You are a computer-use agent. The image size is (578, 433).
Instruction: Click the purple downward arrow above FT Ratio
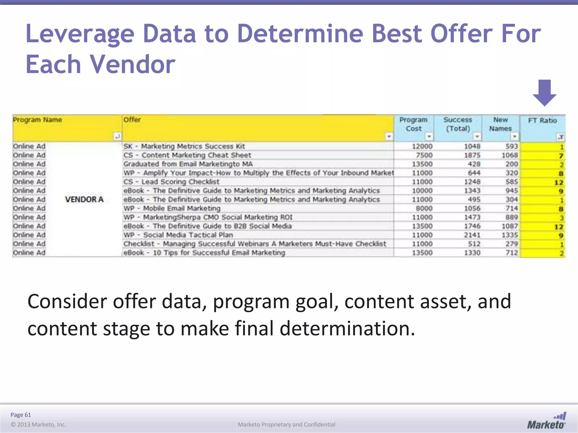click(544, 93)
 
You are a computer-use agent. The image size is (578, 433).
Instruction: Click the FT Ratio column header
click(542, 121)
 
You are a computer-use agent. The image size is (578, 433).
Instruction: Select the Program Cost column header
click(413, 124)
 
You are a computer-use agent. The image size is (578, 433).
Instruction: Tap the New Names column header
click(500, 124)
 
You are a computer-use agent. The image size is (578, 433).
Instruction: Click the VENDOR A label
click(84, 199)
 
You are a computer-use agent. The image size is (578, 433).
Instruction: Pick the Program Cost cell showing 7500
click(424, 155)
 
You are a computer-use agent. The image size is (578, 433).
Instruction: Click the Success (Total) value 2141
click(472, 235)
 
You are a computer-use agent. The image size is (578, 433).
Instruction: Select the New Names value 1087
click(509, 226)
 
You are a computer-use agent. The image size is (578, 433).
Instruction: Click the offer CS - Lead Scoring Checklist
click(171, 182)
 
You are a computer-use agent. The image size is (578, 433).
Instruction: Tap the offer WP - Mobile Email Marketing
click(172, 208)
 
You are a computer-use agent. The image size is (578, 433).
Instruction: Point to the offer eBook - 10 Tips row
click(204, 253)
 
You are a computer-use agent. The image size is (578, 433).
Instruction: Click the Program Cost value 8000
click(424, 208)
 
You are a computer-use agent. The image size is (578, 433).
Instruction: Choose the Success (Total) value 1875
click(472, 155)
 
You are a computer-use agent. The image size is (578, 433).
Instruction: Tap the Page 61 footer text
click(21, 415)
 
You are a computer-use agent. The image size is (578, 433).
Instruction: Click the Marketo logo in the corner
click(546, 421)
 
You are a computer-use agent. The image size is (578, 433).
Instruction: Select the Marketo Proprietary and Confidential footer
click(286, 425)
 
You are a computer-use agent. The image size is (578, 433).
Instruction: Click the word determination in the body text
click(347, 329)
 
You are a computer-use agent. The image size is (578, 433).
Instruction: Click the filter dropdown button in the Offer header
click(389, 136)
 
